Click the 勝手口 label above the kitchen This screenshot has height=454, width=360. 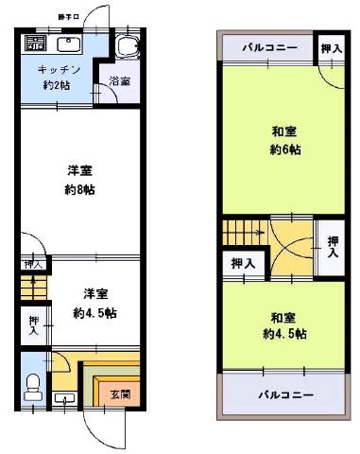pos(68,17)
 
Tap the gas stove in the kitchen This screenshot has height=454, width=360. pos(35,44)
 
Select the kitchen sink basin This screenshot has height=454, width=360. pos(70,44)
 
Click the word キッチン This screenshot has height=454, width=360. pos(58,70)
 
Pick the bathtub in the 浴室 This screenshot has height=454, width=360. pos(126,47)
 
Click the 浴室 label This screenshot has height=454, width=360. pos(120,82)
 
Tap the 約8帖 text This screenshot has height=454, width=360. pos(79,188)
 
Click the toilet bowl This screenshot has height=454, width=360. pos(34,383)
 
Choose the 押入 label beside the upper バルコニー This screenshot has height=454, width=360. pos(330,48)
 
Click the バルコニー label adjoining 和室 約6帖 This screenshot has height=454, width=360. pos(268,47)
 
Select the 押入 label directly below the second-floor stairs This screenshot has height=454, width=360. pos(242,264)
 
